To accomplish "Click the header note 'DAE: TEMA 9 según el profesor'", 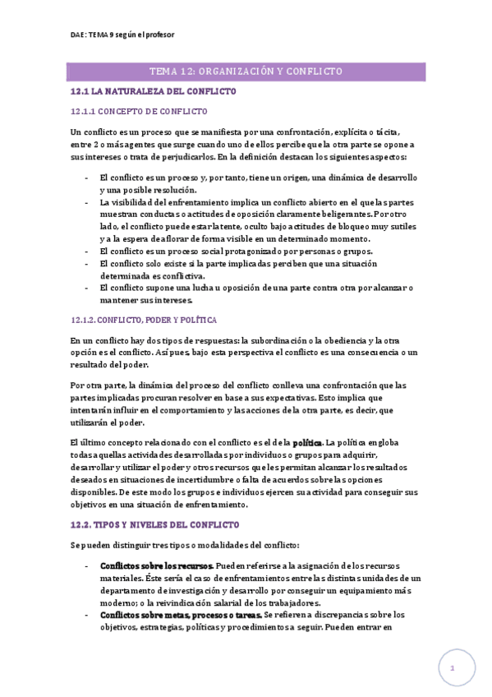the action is coord(122,35).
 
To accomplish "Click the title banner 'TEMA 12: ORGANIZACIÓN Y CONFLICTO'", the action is coord(247,72).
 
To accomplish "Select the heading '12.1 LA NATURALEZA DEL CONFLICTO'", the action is coord(154,91).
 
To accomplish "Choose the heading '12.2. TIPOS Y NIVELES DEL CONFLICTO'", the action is coord(154,524).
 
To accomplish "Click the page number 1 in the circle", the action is coord(452,668).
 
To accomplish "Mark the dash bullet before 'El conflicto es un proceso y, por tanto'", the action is coord(87,178).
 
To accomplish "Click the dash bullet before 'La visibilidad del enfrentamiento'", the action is coord(87,201).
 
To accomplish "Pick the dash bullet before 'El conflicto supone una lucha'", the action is coord(87,288).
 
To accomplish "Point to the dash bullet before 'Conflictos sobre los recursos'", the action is coord(87,566).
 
